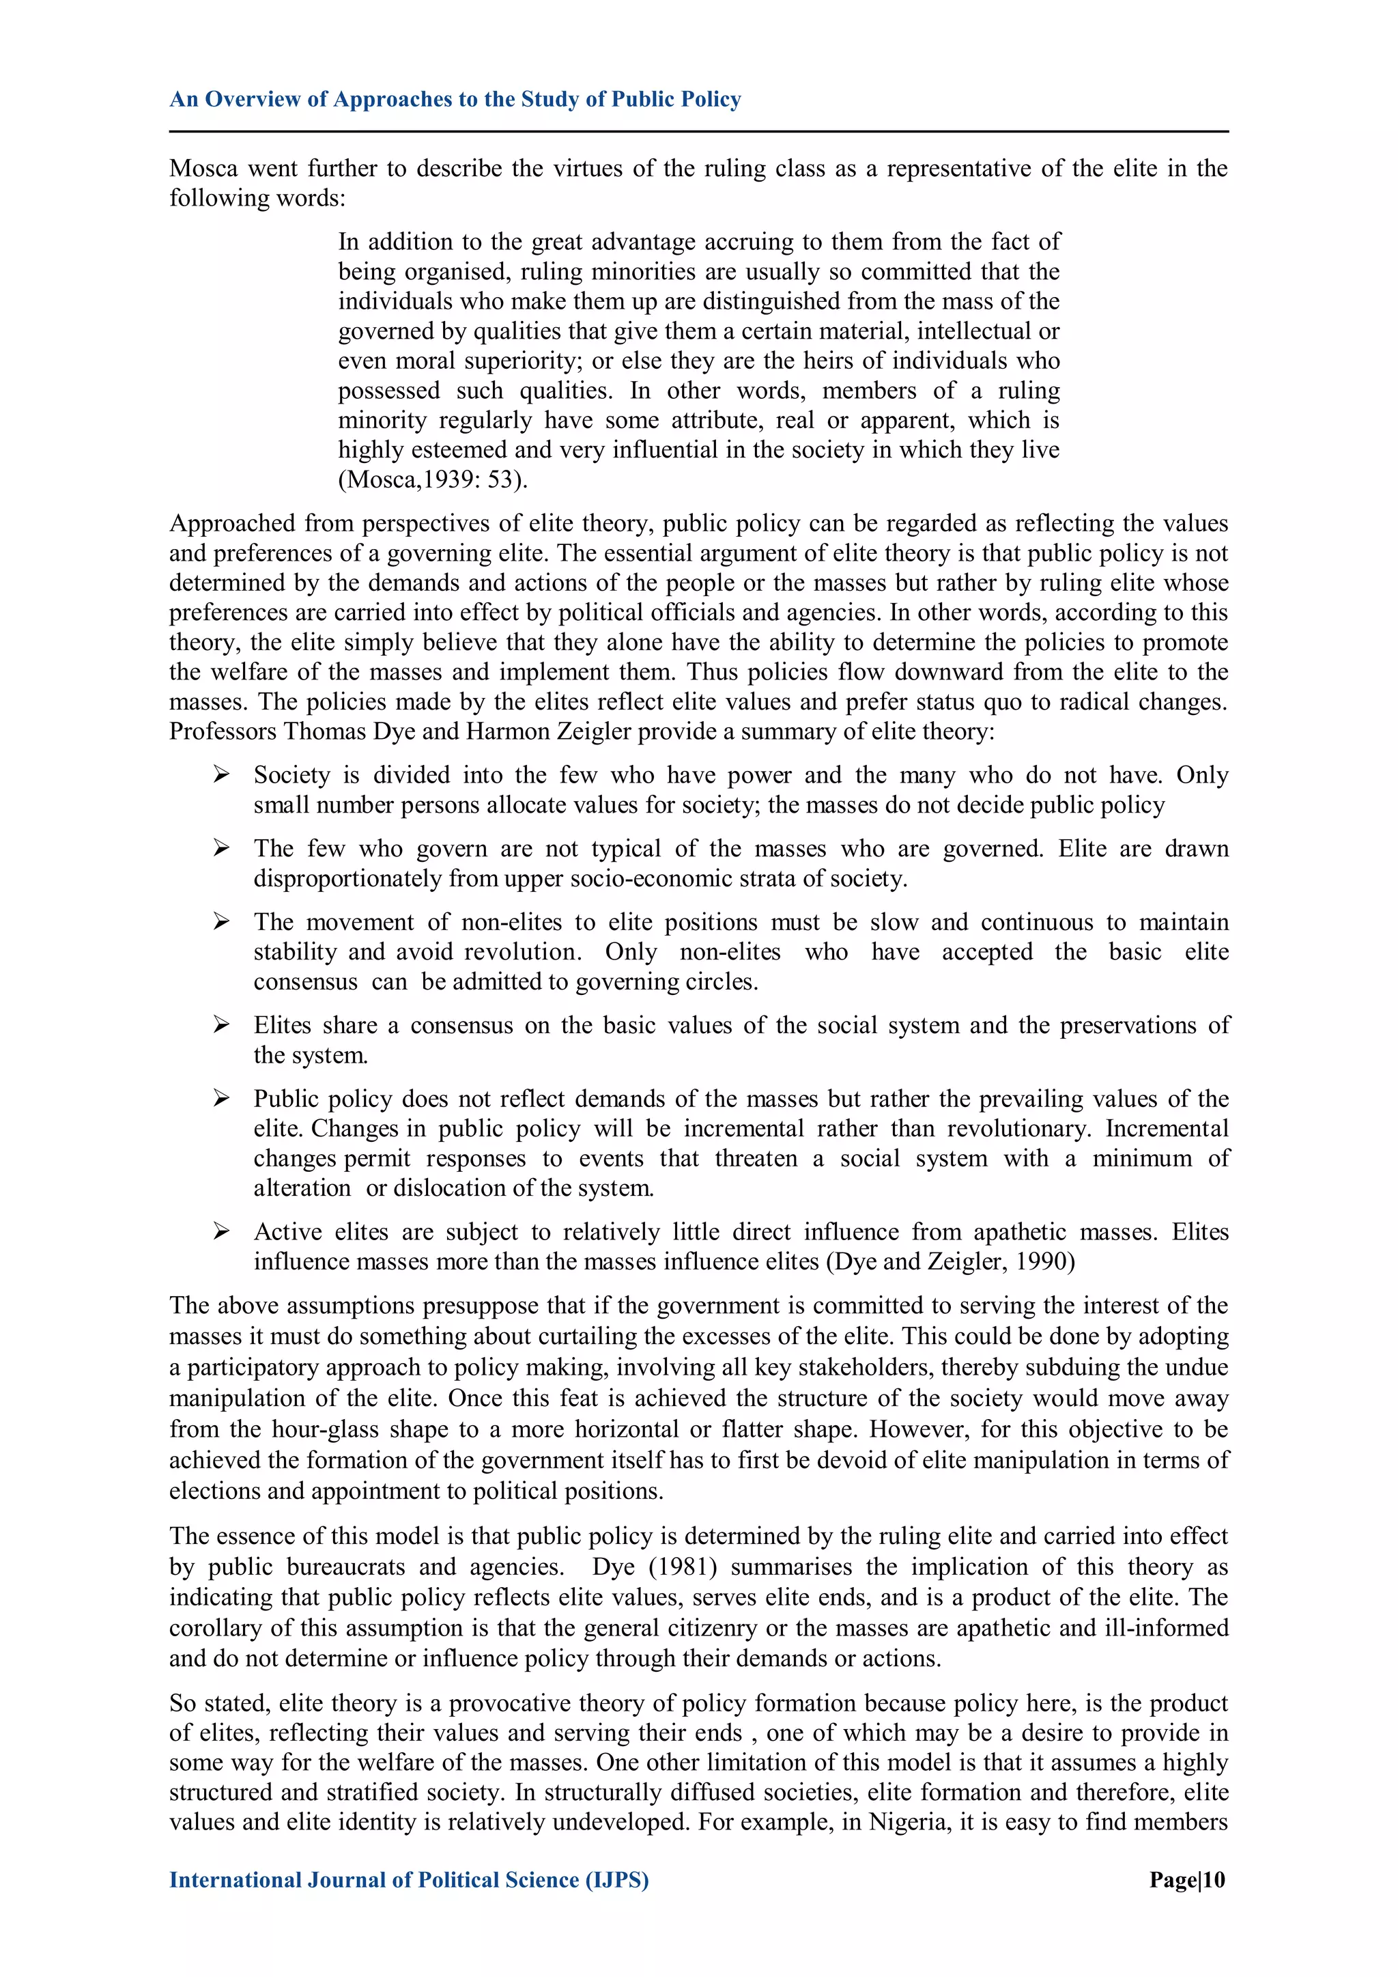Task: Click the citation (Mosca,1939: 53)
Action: tap(432, 479)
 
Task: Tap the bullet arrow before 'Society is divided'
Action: tap(222, 775)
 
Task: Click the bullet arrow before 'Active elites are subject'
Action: tap(222, 1232)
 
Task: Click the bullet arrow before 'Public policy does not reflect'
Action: tap(222, 1099)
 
